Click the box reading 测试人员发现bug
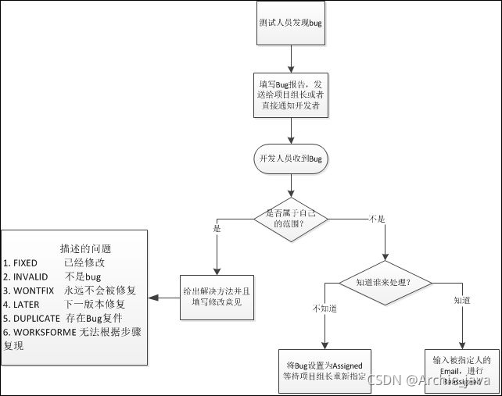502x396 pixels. [x=290, y=23]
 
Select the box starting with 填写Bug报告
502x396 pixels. [x=290, y=93]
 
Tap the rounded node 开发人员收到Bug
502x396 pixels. [x=290, y=159]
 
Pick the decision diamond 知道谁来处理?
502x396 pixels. [x=384, y=281]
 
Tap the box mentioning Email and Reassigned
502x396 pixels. [x=461, y=370]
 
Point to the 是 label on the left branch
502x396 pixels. [x=217, y=229]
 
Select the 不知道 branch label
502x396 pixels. [x=325, y=309]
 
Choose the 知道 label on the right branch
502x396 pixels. [x=462, y=300]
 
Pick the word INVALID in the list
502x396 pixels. [x=30, y=277]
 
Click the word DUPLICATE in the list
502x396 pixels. [x=37, y=318]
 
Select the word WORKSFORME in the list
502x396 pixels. [x=43, y=332]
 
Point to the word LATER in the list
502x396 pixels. [x=27, y=305]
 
